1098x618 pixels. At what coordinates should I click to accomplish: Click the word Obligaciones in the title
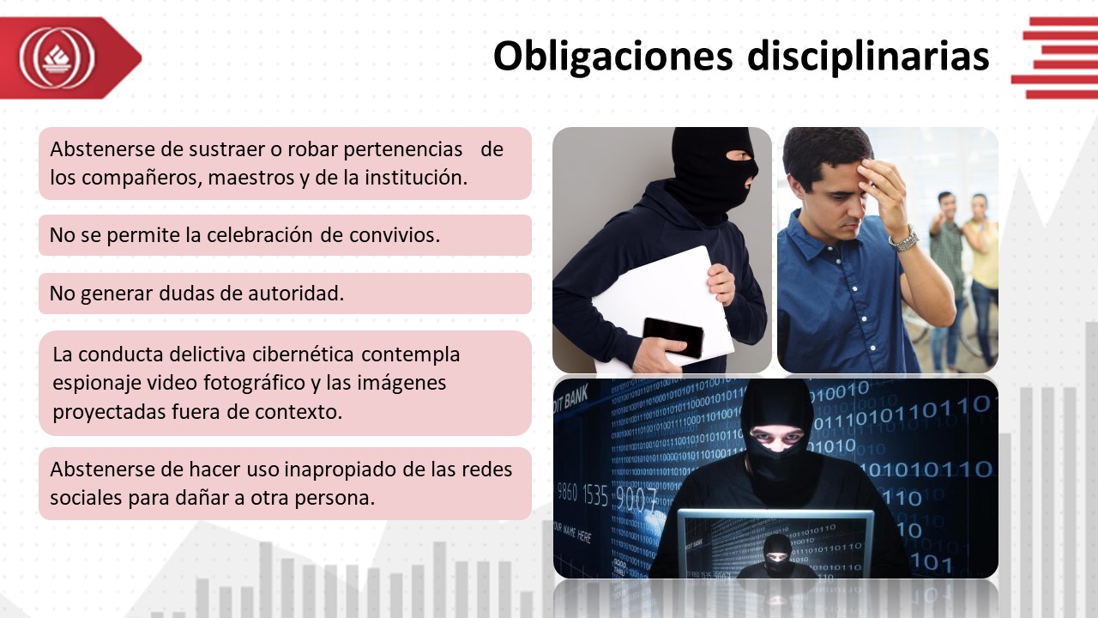pos(612,57)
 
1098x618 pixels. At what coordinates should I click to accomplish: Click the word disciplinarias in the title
pos(868,56)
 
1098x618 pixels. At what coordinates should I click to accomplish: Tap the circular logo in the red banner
pos(57,58)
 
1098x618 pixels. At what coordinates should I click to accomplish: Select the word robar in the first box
pos(313,149)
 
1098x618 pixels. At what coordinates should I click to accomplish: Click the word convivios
pos(395,235)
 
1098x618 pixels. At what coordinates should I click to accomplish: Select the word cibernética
pos(303,354)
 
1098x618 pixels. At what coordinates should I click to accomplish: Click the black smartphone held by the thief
pos(673,337)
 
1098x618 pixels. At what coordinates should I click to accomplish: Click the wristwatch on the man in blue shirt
pos(903,239)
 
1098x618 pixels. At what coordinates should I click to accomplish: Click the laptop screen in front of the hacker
pos(775,544)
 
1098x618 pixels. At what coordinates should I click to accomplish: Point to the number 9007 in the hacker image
pos(636,500)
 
